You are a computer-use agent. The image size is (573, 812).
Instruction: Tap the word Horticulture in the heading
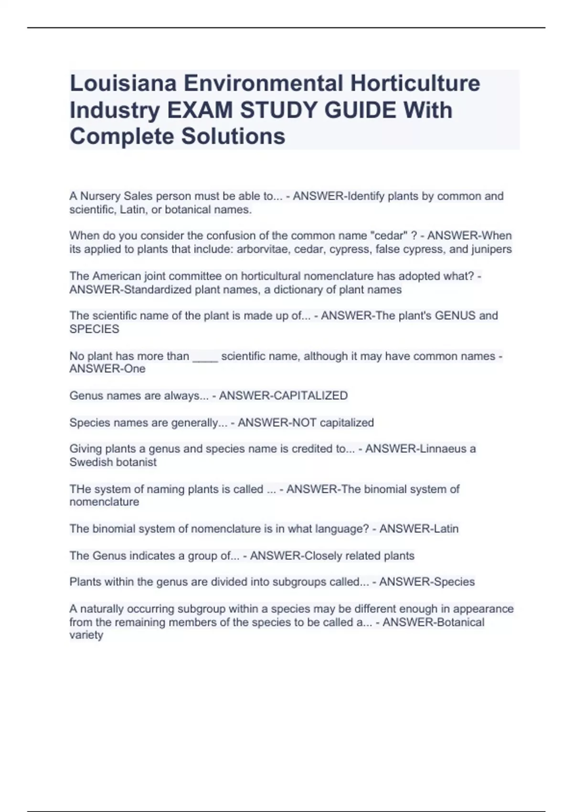pyautogui.click(x=415, y=83)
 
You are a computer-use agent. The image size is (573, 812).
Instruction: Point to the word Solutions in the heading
pyautogui.click(x=233, y=136)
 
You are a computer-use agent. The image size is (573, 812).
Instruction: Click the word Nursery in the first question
pyautogui.click(x=100, y=196)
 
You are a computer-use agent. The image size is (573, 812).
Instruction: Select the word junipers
pyautogui.click(x=491, y=249)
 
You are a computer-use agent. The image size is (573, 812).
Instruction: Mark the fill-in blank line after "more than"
pyautogui.click(x=205, y=357)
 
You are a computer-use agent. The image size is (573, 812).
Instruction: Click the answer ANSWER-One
pyautogui.click(x=107, y=369)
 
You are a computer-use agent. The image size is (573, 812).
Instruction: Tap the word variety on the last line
pyautogui.click(x=86, y=635)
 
